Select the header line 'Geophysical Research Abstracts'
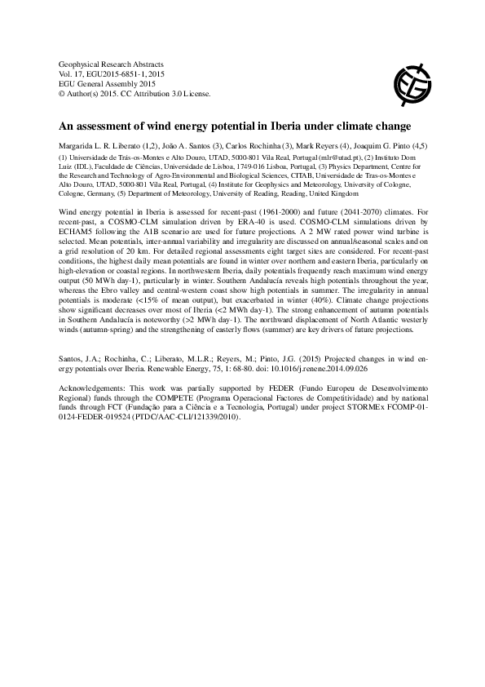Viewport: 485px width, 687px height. (112, 64)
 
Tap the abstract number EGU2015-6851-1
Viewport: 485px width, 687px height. (114, 73)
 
